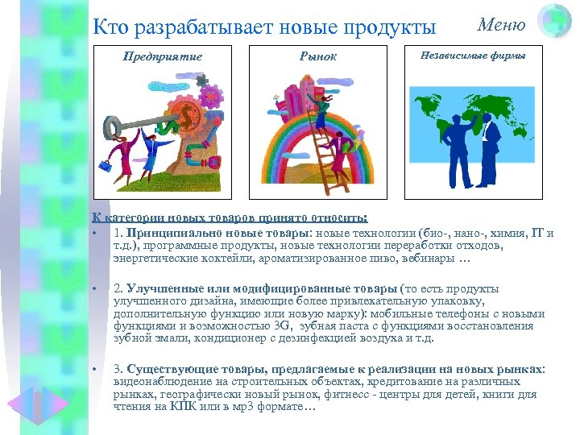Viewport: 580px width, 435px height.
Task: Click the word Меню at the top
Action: coord(501,25)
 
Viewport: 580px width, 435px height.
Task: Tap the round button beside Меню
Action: coord(554,21)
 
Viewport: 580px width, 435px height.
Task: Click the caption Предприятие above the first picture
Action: coord(162,56)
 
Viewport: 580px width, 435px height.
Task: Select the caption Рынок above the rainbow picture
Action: coord(317,56)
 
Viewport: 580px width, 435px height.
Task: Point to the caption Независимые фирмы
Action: coord(473,56)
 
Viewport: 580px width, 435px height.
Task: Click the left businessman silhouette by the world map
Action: coord(452,144)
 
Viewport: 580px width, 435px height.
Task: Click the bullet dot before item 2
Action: coord(95,289)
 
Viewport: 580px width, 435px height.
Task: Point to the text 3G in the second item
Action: coord(281,325)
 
